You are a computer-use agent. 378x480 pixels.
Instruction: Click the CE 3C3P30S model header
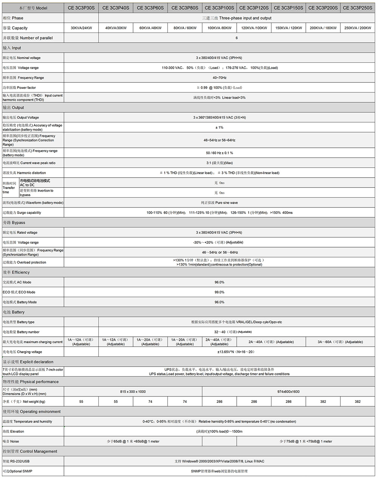[x=81, y=8]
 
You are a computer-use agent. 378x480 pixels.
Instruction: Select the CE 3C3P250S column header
[x=357, y=8]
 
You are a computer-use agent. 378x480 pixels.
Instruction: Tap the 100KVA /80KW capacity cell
[x=219, y=28]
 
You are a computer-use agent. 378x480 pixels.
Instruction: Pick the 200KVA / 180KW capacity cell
[x=323, y=28]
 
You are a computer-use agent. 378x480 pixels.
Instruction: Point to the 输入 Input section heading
[x=12, y=48]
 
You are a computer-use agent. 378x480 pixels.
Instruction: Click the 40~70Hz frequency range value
[x=219, y=77]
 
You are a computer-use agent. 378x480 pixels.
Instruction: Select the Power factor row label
[x=19, y=88]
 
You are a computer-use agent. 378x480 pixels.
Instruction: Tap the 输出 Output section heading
[x=13, y=108]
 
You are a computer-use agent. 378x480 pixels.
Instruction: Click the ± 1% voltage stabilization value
[x=219, y=127]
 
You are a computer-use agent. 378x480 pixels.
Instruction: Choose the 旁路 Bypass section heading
[x=14, y=223]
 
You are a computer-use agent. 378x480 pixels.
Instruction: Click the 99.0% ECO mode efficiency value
[x=219, y=292]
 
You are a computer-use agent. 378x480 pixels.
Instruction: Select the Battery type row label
[x=19, y=322]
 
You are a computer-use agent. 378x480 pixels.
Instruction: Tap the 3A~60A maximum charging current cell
[x=340, y=342]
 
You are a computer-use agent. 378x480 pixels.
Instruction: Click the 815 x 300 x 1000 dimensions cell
[x=133, y=392]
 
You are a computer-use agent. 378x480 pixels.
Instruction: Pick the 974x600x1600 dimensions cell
[x=288, y=392]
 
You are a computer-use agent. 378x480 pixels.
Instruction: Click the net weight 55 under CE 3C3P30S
[x=81, y=401]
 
